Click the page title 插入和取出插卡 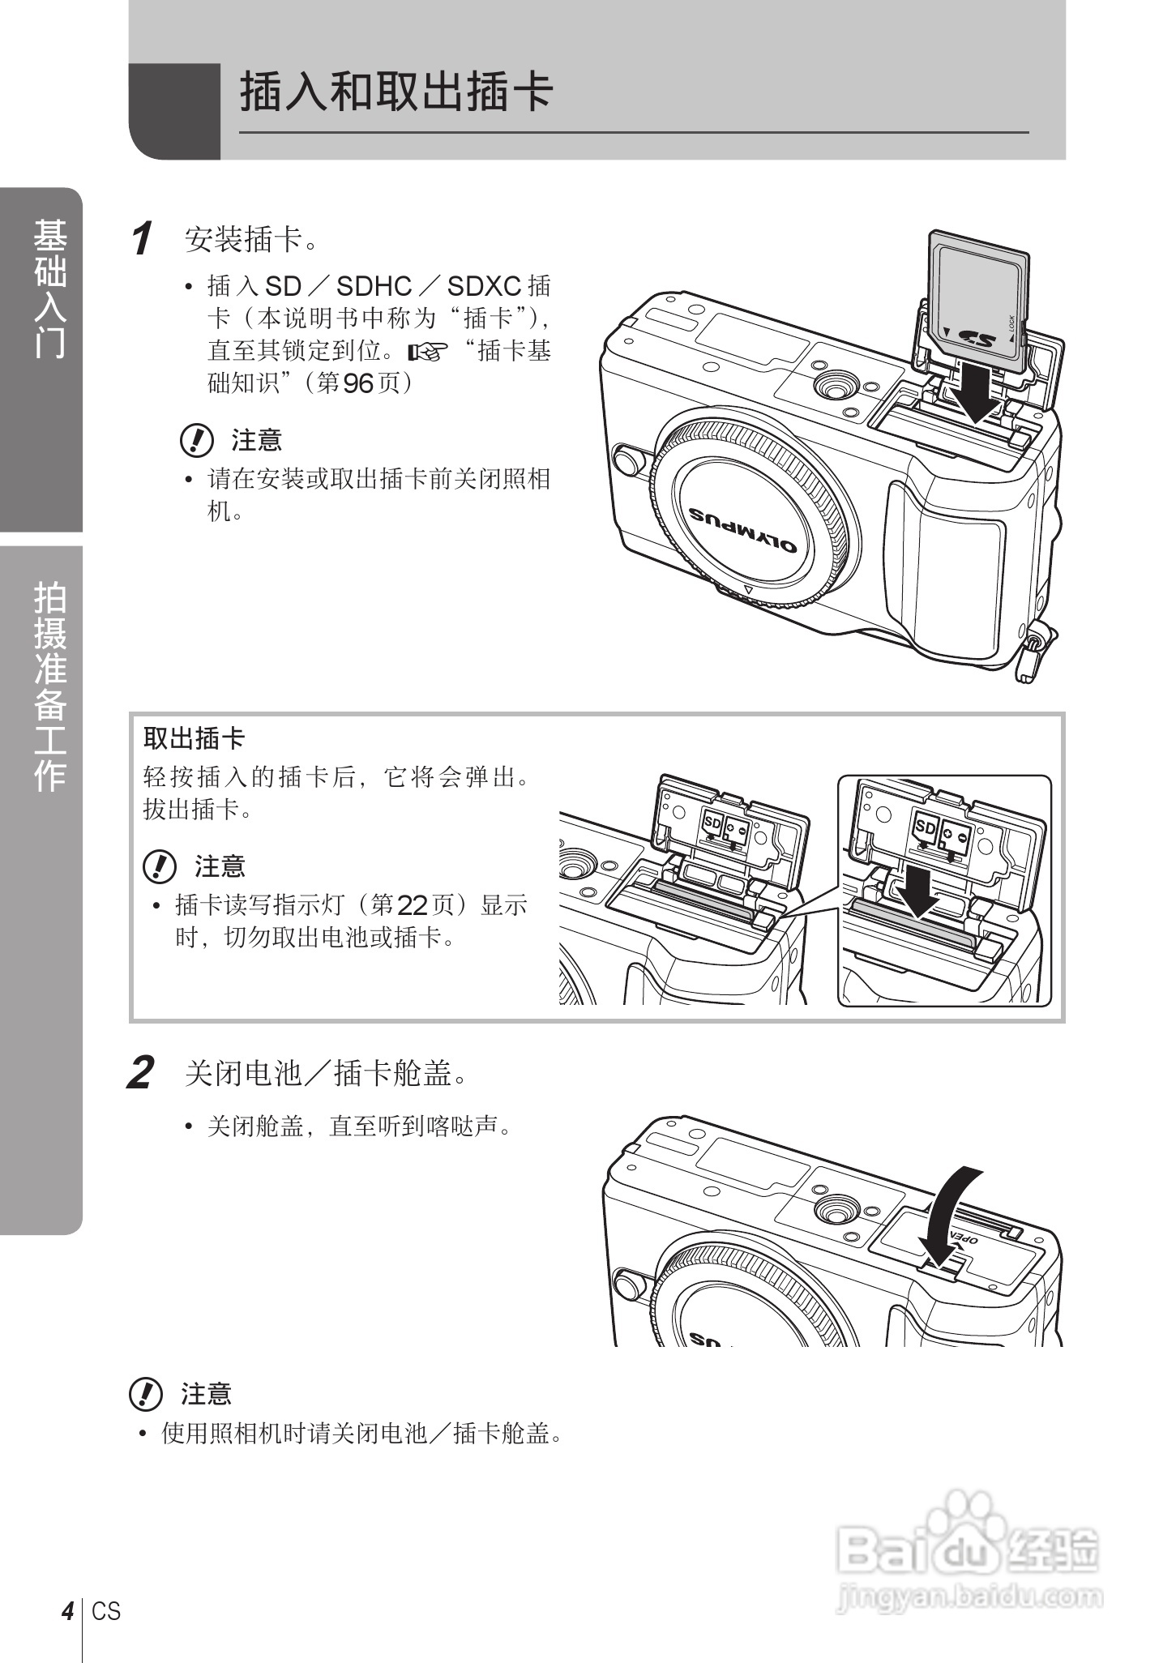pos(396,92)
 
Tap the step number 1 pos(143,240)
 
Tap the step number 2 pos(141,1075)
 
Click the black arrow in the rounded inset pos(918,891)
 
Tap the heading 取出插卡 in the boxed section pos(194,738)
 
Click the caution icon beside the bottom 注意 pos(146,1394)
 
